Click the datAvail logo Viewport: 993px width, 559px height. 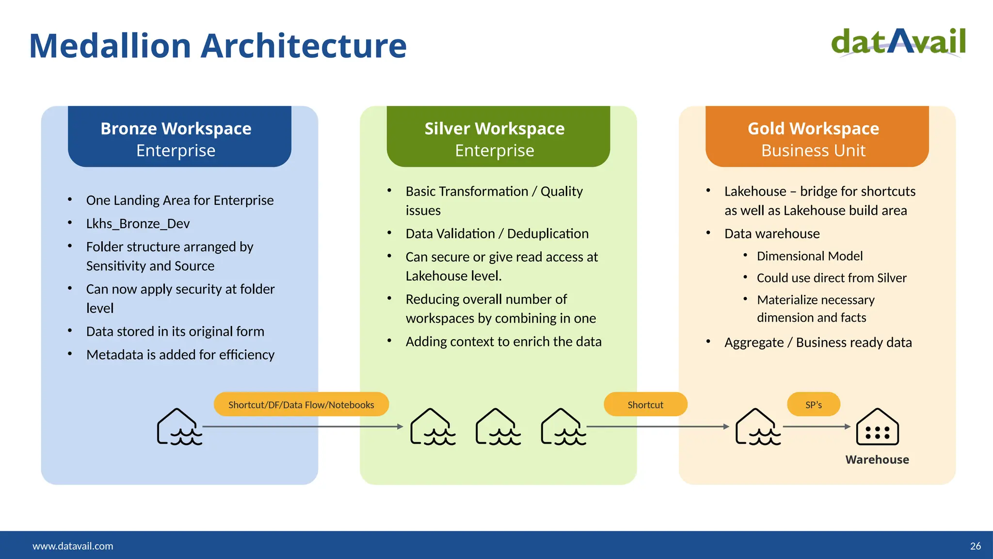click(x=898, y=42)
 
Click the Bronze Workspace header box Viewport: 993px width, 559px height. click(x=179, y=137)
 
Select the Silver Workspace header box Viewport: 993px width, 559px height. click(x=498, y=137)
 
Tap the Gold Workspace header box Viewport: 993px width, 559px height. click(x=817, y=137)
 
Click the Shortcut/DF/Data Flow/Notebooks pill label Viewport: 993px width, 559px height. click(x=301, y=405)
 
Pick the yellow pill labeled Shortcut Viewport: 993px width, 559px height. click(x=645, y=405)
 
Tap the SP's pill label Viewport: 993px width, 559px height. click(x=813, y=405)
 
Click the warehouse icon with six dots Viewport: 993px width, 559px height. click(x=877, y=427)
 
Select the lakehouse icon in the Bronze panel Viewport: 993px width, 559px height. click(x=179, y=427)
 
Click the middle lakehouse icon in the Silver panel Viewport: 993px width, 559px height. click(x=497, y=427)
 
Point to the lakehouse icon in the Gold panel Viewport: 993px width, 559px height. click(x=757, y=427)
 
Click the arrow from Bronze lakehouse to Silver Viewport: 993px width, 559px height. click(x=303, y=427)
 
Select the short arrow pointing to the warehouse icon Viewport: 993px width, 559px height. click(x=817, y=427)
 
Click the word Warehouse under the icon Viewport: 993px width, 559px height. click(x=877, y=460)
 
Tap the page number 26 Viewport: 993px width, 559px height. click(x=975, y=546)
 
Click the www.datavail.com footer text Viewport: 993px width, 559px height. click(x=73, y=546)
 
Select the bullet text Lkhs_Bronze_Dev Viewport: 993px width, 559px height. click(x=138, y=224)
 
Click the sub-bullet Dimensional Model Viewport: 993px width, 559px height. click(x=810, y=256)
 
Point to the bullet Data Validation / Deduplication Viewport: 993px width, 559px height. click(x=497, y=234)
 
